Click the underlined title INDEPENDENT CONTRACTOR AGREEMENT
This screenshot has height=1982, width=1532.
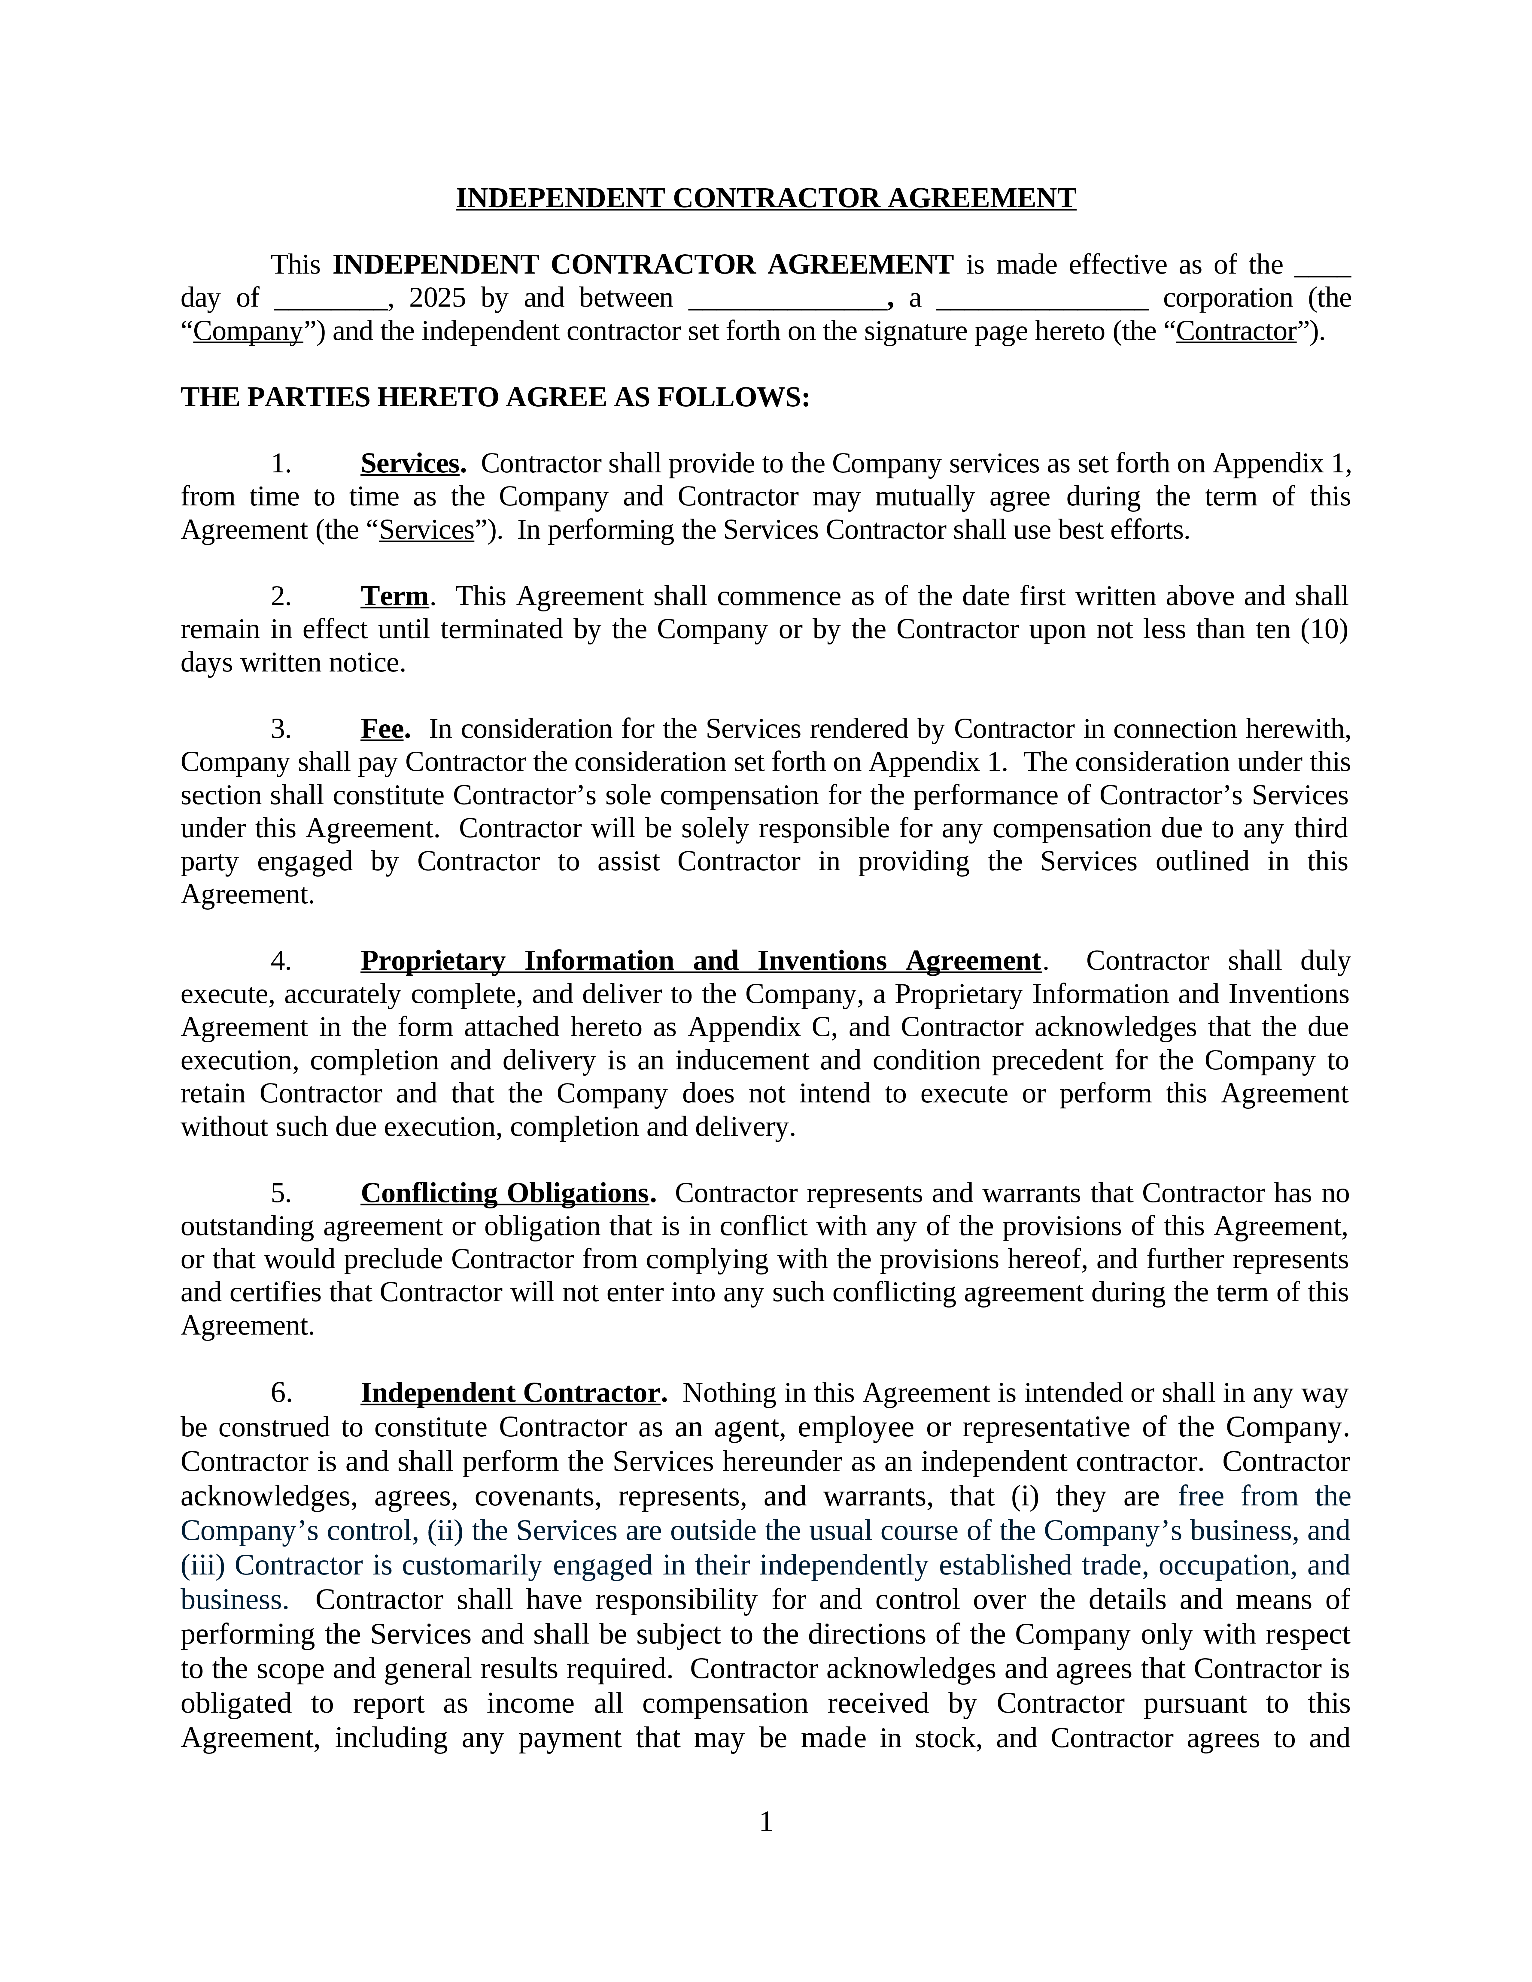(x=765, y=198)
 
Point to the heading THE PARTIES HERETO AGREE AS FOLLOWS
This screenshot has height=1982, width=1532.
(x=495, y=398)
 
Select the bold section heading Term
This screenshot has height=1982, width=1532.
(x=395, y=596)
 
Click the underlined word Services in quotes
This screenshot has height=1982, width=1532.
(x=427, y=530)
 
